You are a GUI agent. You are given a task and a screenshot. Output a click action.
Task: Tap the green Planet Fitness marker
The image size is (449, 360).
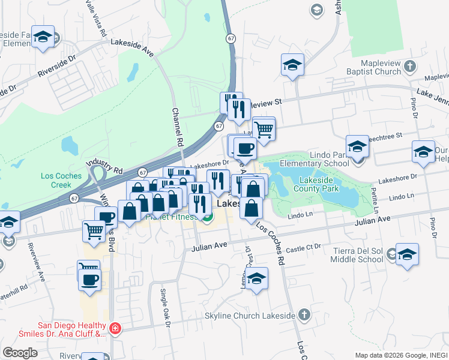(207, 217)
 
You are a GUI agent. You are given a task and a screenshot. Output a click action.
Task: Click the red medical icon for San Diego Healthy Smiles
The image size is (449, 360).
(115, 329)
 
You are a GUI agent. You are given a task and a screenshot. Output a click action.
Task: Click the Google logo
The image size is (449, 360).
(20, 353)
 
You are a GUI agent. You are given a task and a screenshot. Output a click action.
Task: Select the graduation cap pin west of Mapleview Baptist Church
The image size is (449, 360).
(292, 65)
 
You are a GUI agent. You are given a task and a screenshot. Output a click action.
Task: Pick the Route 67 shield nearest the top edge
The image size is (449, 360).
(231, 38)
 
